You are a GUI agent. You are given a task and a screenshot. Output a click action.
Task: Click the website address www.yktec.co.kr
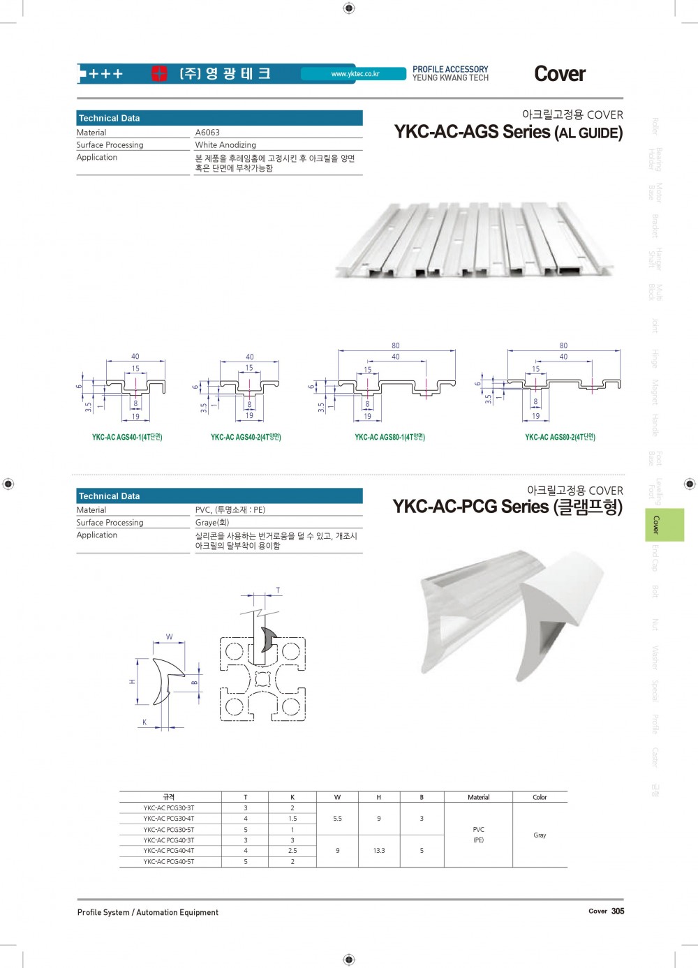pyautogui.click(x=355, y=74)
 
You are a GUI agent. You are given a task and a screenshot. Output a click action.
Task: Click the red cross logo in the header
pyautogui.click(x=160, y=73)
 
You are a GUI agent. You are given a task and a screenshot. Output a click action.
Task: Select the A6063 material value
pyautogui.click(x=207, y=133)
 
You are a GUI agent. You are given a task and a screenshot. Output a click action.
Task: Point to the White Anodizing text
pyautogui.click(x=225, y=145)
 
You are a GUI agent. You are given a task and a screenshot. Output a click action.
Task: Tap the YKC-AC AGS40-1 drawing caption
pyautogui.click(x=127, y=438)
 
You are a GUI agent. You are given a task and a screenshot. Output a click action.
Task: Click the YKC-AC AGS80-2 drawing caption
pyautogui.click(x=560, y=438)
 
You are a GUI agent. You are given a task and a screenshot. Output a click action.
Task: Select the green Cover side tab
pyautogui.click(x=664, y=525)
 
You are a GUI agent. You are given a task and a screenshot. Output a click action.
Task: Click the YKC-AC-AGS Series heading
pyautogui.click(x=508, y=132)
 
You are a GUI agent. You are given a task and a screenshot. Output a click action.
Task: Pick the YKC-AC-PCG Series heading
pyautogui.click(x=507, y=507)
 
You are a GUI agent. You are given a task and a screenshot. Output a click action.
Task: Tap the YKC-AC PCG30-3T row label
pyautogui.click(x=169, y=808)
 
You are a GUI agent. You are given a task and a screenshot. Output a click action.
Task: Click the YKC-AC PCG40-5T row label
pyautogui.click(x=169, y=862)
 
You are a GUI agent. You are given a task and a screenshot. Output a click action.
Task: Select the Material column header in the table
pyautogui.click(x=478, y=797)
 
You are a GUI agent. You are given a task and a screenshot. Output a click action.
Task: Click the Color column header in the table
pyautogui.click(x=540, y=797)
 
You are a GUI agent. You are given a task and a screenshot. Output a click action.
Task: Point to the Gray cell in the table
pyautogui.click(x=540, y=835)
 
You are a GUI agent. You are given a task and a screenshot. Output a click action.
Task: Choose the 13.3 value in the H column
pyautogui.click(x=379, y=851)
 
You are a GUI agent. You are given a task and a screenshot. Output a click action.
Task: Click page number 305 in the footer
pyautogui.click(x=618, y=911)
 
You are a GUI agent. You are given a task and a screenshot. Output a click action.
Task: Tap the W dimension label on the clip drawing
pyautogui.click(x=169, y=637)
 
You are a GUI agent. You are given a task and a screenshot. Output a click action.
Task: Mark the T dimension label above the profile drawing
pyautogui.click(x=278, y=591)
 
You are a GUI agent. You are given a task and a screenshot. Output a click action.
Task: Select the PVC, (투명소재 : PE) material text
pyautogui.click(x=230, y=510)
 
